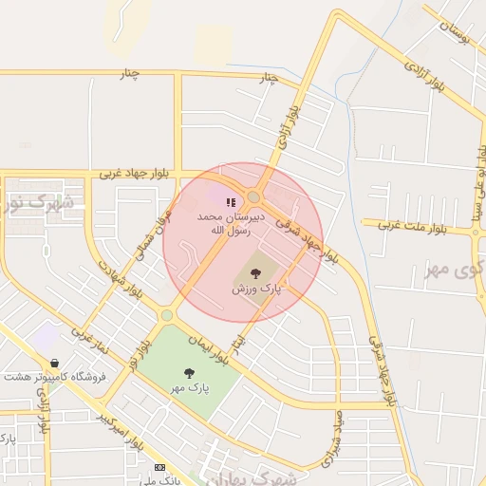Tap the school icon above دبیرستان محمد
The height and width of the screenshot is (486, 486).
click(x=230, y=201)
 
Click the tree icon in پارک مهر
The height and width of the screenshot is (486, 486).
click(x=189, y=373)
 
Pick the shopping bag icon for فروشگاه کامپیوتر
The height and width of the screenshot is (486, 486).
click(x=55, y=363)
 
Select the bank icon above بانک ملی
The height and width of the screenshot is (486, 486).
click(x=159, y=467)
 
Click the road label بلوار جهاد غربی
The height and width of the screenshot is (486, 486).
click(x=137, y=174)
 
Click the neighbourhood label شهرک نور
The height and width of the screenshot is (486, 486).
click(x=33, y=203)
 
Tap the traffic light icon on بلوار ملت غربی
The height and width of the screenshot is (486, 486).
click(x=475, y=231)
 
